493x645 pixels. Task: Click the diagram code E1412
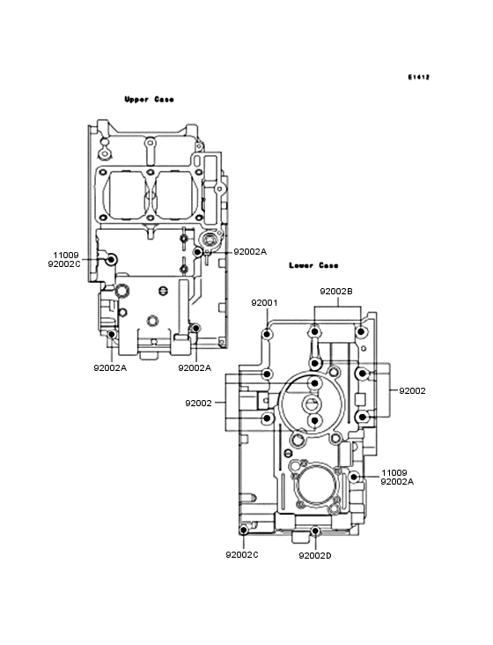(419, 77)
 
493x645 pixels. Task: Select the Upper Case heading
(149, 100)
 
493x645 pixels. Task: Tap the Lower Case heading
(313, 265)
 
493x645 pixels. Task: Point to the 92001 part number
(265, 303)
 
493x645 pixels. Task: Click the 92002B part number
(336, 292)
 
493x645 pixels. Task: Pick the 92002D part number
(315, 556)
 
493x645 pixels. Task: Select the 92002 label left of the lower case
(198, 404)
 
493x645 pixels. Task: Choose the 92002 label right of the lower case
(412, 390)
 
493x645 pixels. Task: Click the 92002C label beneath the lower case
(242, 555)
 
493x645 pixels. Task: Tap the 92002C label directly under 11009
(64, 264)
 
